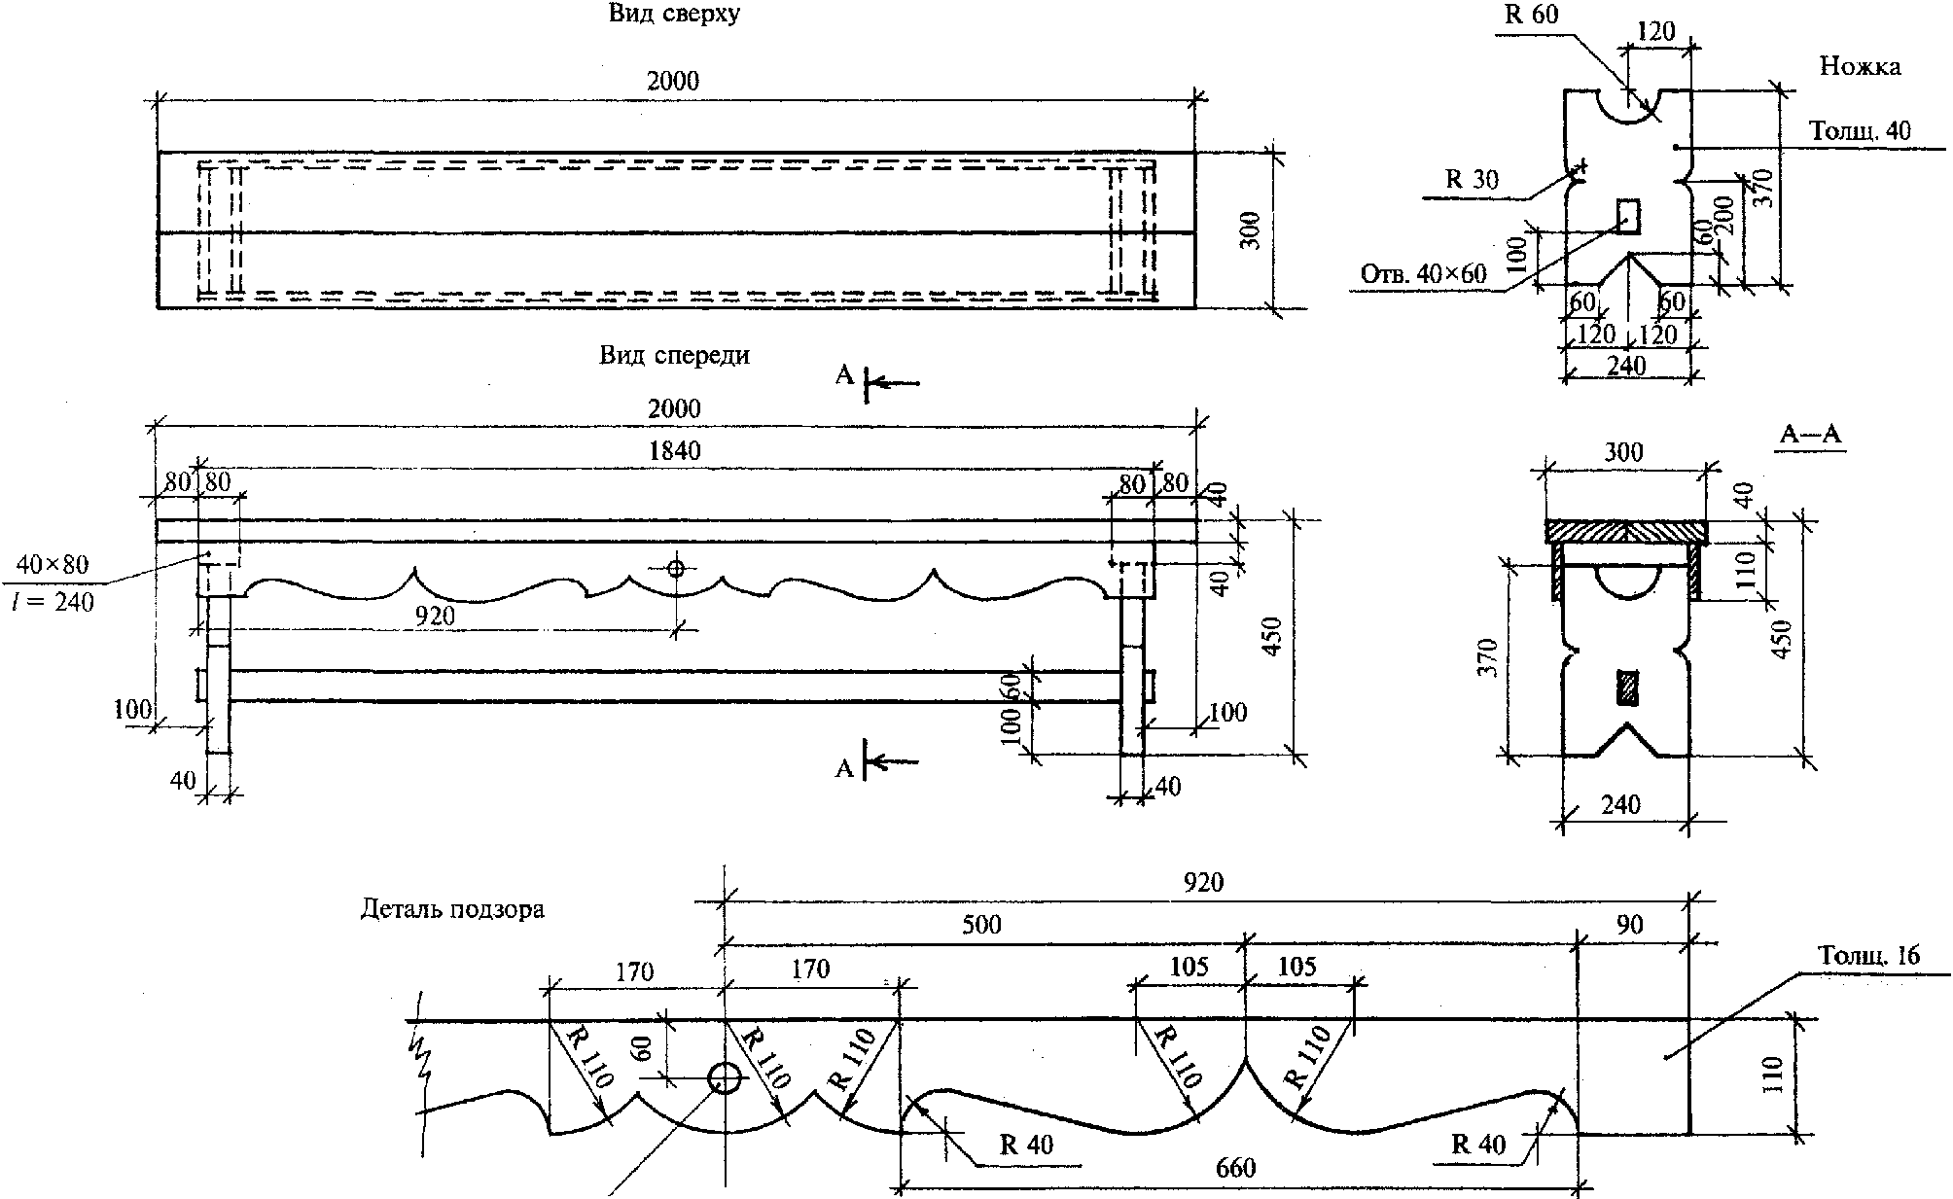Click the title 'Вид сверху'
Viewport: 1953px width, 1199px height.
coord(674,14)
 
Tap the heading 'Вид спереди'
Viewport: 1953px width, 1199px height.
coord(674,356)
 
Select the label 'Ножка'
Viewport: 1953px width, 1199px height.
coord(1860,66)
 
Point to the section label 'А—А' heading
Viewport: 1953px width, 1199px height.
coord(1811,436)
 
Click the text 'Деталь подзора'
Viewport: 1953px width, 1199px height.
coord(452,910)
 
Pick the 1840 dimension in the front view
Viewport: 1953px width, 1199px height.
coord(673,450)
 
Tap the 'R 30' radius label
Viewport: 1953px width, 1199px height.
coord(1473,179)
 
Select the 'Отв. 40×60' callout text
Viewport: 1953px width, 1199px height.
coord(1424,274)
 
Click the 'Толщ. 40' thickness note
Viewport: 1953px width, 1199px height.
coord(1859,130)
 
